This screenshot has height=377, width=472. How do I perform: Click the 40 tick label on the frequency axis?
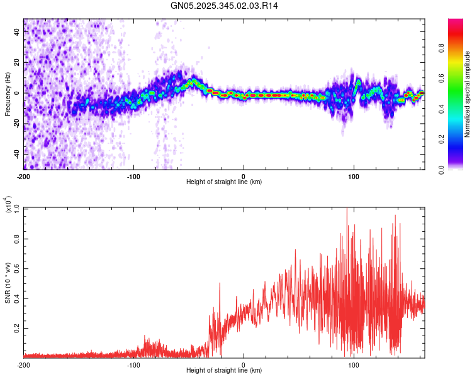coord(17,33)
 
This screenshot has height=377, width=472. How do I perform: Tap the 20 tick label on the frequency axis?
coord(17,63)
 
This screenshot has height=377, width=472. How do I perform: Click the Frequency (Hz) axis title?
coord(8,94)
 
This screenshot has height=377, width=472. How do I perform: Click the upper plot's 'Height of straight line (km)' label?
coord(224,182)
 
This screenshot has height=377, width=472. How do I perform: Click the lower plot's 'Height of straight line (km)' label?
coord(224,371)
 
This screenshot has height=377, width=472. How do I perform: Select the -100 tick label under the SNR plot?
coord(133,365)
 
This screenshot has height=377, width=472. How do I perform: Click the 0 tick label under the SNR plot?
coord(244,365)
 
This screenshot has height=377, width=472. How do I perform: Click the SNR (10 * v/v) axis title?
coord(8,282)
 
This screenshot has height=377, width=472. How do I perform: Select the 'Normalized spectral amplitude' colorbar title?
coord(468,94)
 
